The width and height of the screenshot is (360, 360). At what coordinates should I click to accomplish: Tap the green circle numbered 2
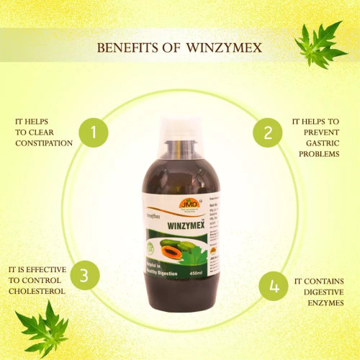(267, 132)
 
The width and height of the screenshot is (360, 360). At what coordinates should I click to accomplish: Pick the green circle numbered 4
(273, 286)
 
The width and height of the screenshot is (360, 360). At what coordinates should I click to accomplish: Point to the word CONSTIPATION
(44, 143)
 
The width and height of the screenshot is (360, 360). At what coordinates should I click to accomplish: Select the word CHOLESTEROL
(37, 291)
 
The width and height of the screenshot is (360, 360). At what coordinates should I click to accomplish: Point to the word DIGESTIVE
(316, 292)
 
